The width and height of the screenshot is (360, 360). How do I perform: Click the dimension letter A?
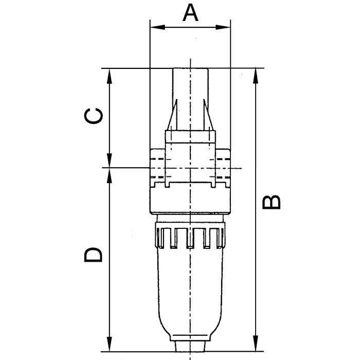190,13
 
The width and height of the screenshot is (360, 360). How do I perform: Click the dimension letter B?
272,202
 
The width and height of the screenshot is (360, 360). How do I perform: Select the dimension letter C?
94,116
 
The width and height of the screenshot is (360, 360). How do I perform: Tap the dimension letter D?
93,255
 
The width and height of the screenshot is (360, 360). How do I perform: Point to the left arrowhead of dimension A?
157,27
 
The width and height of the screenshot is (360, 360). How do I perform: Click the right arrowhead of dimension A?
223,27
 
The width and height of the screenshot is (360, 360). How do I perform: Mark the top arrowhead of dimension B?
256,76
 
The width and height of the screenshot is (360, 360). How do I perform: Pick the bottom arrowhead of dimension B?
256,344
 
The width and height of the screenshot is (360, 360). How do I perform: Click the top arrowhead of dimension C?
110,76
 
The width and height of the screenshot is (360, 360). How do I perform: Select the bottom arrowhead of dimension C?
110,160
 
